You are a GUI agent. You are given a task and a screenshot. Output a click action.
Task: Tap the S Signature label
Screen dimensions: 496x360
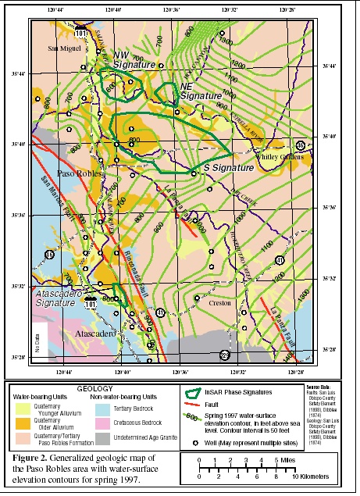[229, 169]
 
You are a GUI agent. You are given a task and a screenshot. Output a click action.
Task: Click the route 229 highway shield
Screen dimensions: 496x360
[225, 355]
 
